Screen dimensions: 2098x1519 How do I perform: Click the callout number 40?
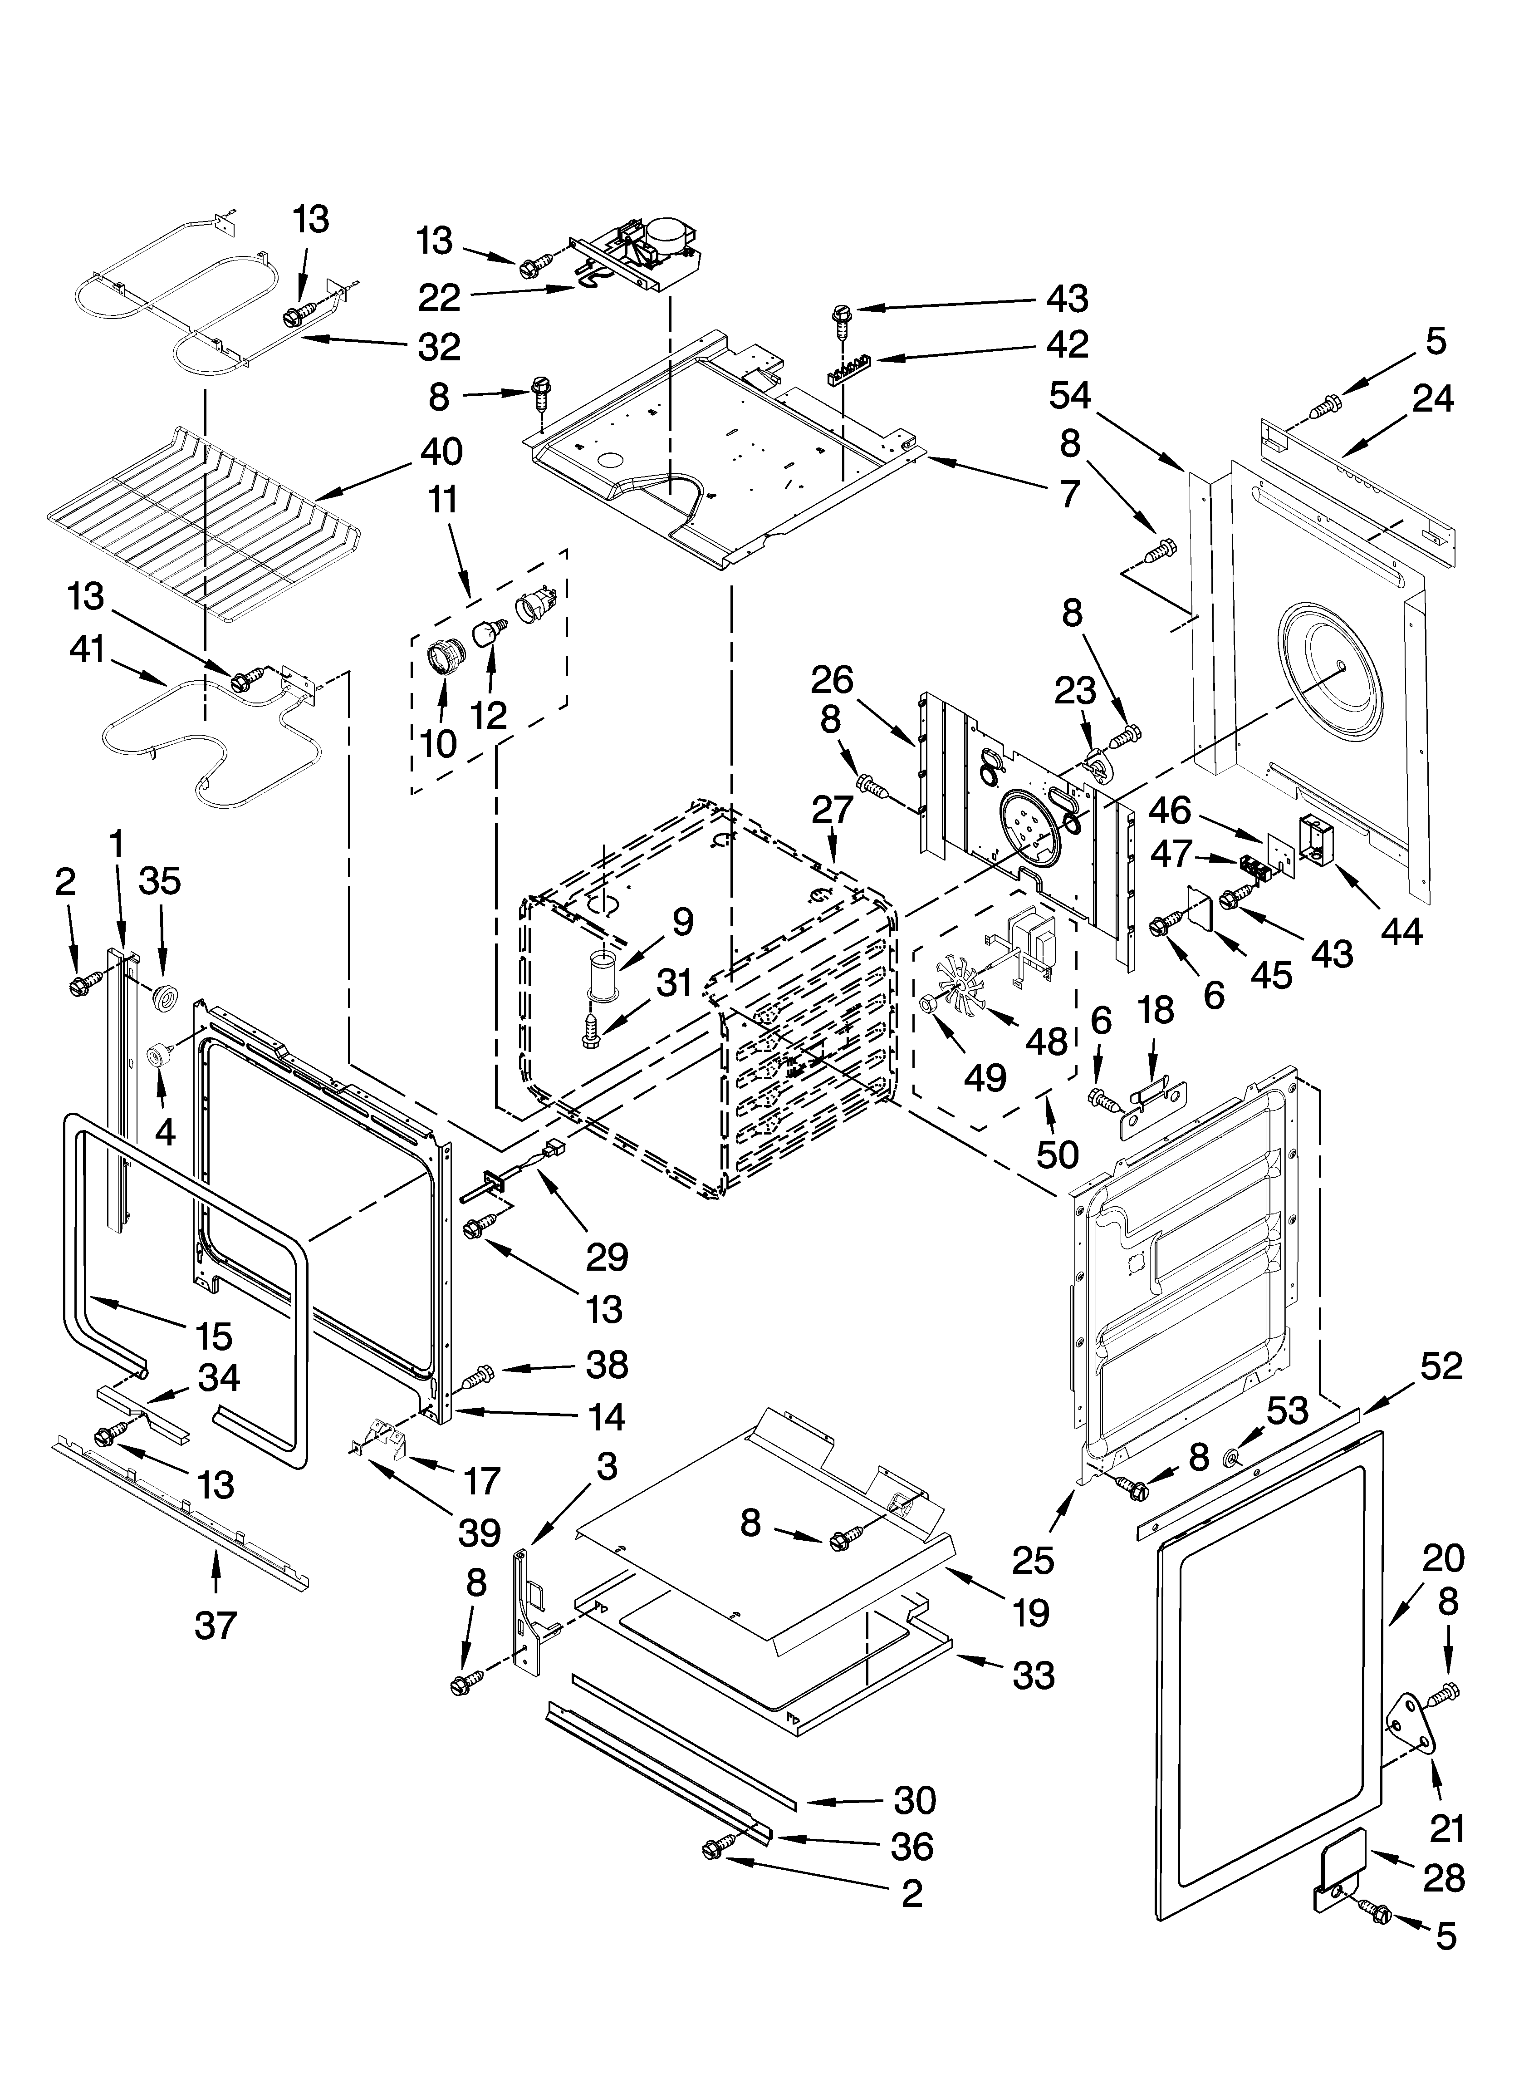coord(441,452)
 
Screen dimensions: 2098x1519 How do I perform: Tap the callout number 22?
coord(438,298)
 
